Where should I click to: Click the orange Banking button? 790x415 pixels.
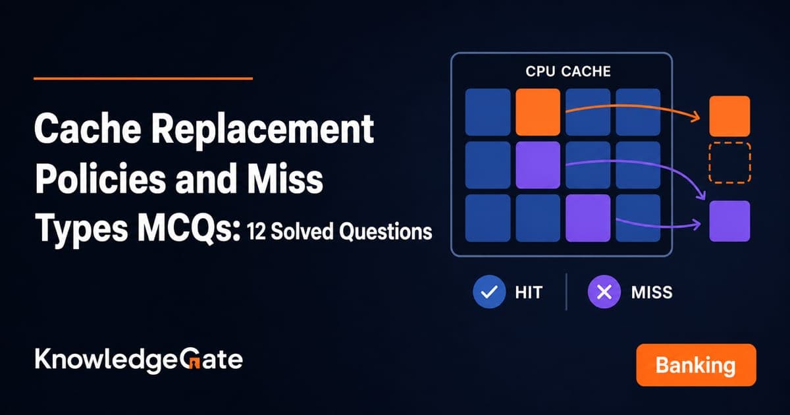(697, 365)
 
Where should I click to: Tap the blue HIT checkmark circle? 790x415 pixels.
(489, 292)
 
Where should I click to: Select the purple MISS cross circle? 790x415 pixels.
(604, 292)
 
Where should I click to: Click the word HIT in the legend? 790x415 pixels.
(529, 292)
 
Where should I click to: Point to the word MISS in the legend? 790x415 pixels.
(652, 292)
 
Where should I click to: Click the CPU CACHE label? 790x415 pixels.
(567, 71)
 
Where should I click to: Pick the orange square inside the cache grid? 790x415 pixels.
(538, 112)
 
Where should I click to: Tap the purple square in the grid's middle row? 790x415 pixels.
(538, 165)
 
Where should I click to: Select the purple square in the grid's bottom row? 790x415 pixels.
(588, 218)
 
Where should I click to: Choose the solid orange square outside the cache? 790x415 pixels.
(729, 116)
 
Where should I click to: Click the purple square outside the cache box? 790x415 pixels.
(729, 221)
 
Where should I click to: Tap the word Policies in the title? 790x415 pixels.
(101, 180)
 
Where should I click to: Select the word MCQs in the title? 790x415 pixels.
(188, 230)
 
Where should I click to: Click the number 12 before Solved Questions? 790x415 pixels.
(256, 232)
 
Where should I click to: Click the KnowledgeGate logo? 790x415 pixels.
(139, 360)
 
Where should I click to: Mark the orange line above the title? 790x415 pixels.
(144, 78)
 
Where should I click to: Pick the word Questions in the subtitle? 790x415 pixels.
(386, 232)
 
